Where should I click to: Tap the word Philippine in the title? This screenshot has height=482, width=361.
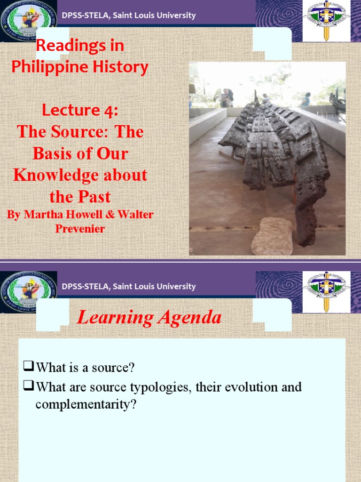pyautogui.click(x=47, y=67)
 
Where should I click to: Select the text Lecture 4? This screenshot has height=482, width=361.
pyautogui.click(x=80, y=110)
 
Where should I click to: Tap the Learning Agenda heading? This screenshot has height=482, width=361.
pyautogui.click(x=149, y=318)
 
